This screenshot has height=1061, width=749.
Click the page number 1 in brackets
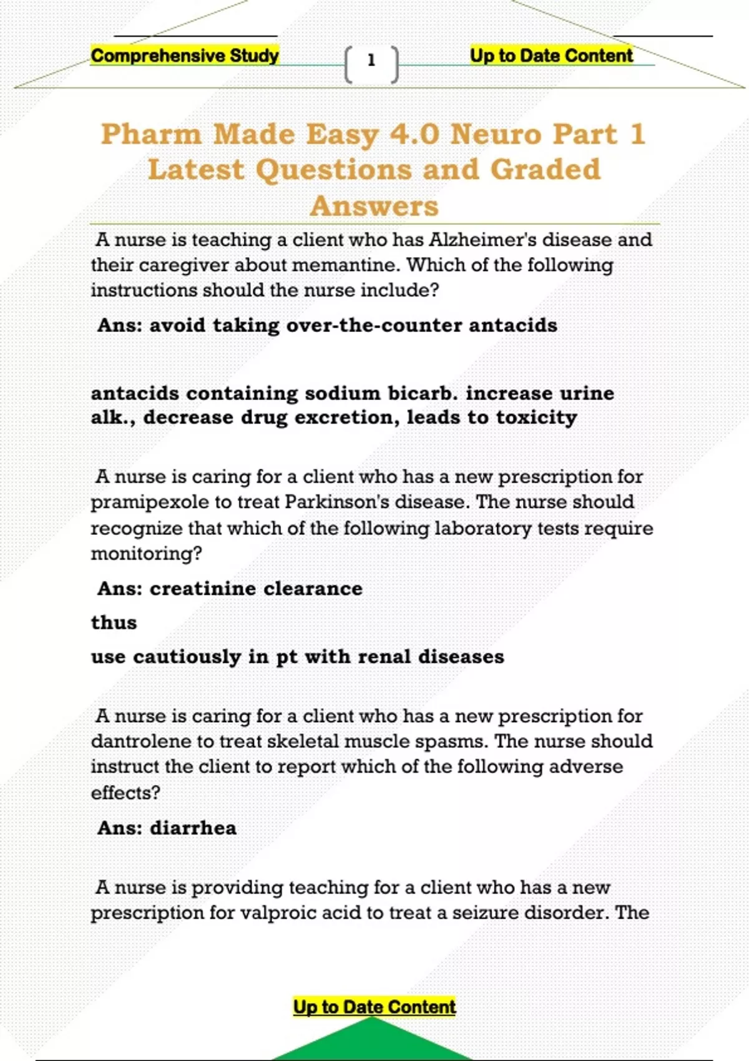371,61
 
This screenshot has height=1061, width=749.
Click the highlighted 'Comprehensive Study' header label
185,56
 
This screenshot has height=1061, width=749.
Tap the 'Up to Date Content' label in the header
551,56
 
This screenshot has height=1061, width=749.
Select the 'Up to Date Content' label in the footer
374,1007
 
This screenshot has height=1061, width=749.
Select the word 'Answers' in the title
374,206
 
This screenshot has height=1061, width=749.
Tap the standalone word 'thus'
114,622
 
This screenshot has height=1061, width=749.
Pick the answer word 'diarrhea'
193,828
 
